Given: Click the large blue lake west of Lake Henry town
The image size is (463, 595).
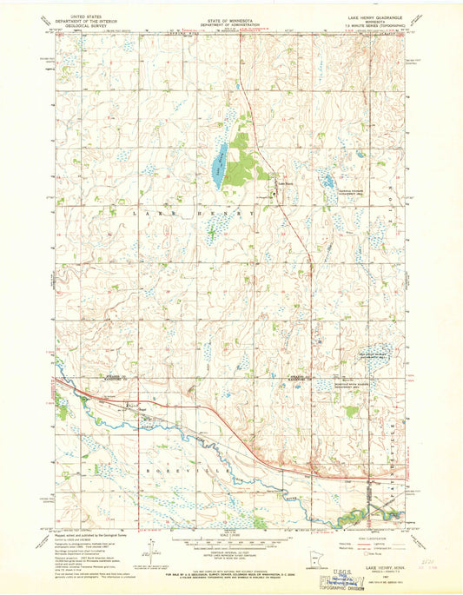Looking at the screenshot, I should (221, 160).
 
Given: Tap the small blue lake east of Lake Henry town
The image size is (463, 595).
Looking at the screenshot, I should (329, 182).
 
